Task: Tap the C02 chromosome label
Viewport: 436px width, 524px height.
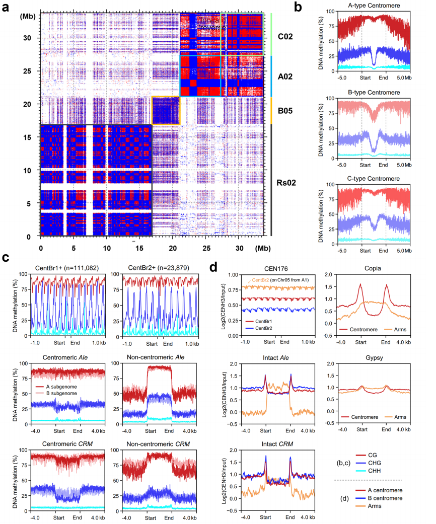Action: tap(290, 37)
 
